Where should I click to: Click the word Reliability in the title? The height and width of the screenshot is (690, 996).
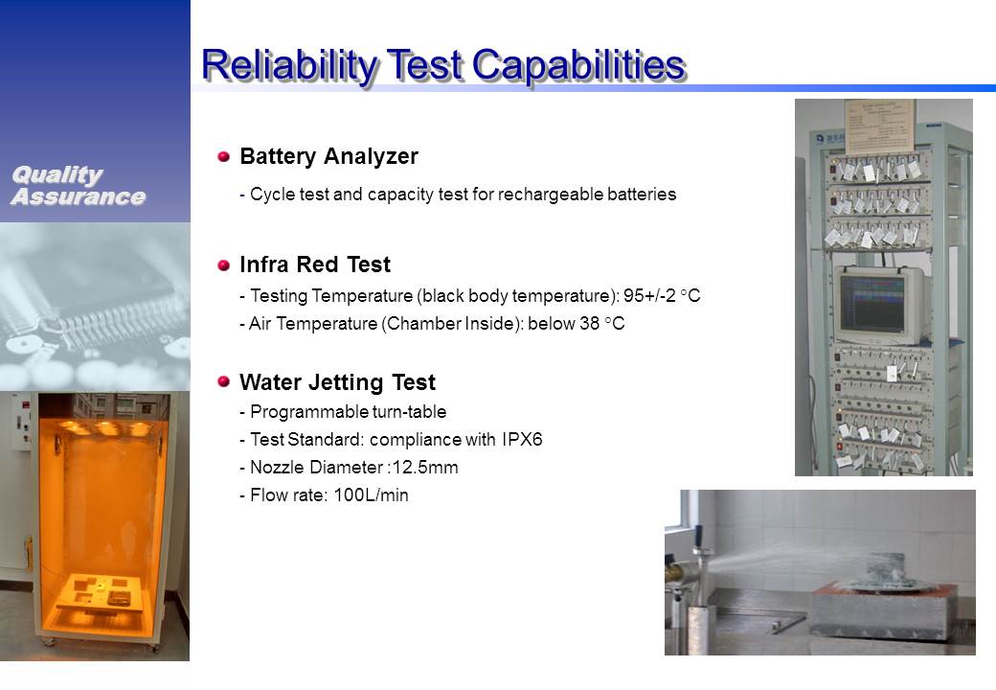point(289,65)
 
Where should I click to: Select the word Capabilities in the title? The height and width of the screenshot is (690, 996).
point(578,65)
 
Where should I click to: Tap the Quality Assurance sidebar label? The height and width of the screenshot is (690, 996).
point(79,186)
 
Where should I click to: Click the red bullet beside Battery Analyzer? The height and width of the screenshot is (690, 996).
point(223,156)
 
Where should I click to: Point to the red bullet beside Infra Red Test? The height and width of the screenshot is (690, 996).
point(223,264)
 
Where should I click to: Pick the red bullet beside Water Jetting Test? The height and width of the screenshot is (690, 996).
point(223,381)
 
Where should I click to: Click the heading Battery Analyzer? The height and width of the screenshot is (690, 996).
point(329,156)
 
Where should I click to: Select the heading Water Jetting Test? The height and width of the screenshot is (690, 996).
point(337,382)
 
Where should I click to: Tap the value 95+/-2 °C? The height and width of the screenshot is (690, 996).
point(661,295)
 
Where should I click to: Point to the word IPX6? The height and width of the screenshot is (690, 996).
point(522,440)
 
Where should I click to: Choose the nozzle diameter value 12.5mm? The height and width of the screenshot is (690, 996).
point(425,468)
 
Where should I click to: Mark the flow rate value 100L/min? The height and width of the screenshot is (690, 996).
point(371,494)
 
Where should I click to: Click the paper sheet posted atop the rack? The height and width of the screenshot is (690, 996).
point(880,126)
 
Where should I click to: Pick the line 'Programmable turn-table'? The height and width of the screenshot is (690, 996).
point(343,412)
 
